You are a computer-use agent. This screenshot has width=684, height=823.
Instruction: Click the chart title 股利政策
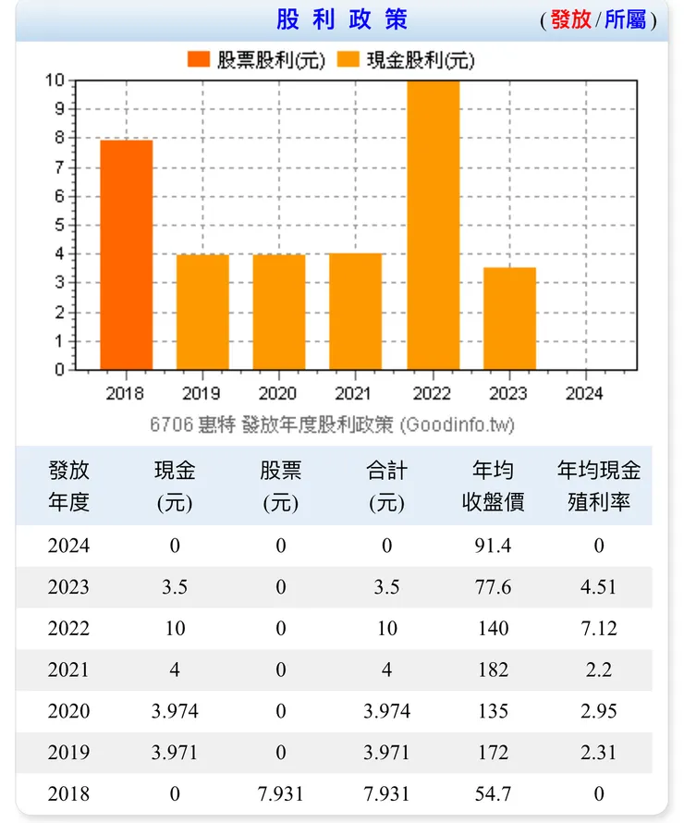click(x=341, y=19)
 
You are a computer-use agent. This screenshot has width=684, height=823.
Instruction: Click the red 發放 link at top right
click(x=570, y=19)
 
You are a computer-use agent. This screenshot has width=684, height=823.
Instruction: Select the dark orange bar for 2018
click(x=126, y=254)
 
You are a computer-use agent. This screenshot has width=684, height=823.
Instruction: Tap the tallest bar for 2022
click(x=433, y=225)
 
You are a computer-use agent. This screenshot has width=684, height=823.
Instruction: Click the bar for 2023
click(x=509, y=318)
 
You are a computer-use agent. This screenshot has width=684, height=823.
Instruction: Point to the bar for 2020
click(x=279, y=312)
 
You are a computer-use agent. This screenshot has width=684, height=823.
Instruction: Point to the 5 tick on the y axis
click(x=59, y=225)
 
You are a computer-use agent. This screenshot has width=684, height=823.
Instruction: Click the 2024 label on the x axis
click(x=584, y=393)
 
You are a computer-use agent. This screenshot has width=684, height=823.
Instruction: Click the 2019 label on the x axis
click(x=202, y=393)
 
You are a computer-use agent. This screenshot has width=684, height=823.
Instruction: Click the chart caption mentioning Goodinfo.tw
click(x=332, y=424)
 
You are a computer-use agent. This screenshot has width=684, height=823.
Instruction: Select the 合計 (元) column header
click(x=386, y=486)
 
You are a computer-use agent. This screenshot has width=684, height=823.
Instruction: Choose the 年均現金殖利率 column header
click(x=599, y=486)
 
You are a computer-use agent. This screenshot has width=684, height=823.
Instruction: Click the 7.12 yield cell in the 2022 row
click(x=599, y=629)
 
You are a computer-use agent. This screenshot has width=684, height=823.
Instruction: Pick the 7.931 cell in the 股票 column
click(x=281, y=794)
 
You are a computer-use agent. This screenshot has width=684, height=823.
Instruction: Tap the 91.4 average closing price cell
click(x=493, y=546)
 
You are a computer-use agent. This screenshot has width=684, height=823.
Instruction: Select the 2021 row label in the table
click(x=69, y=670)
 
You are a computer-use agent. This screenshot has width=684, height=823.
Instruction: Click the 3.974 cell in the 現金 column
click(x=175, y=712)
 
